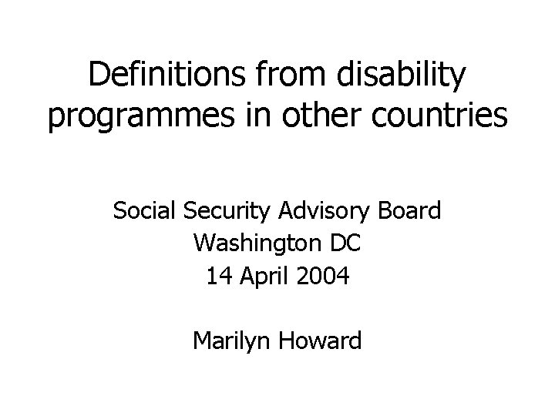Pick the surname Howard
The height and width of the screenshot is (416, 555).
tap(324, 340)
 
